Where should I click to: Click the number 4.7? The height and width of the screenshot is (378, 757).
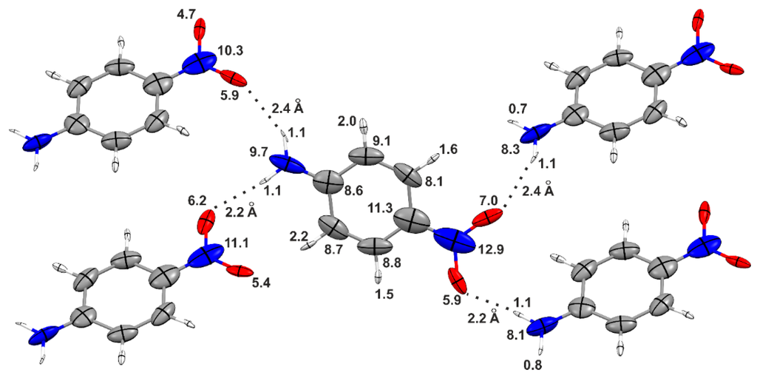click(183, 13)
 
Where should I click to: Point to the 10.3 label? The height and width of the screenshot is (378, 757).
click(231, 50)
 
